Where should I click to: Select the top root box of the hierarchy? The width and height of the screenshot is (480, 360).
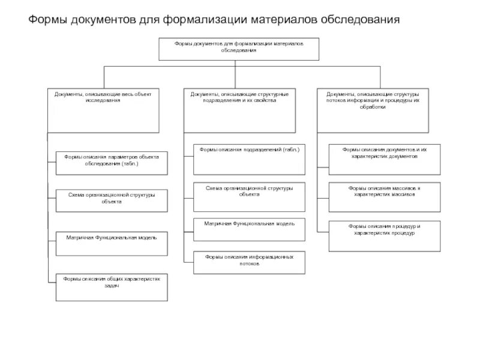(239, 49)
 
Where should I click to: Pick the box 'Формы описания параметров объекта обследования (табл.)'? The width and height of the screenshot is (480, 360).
(111, 163)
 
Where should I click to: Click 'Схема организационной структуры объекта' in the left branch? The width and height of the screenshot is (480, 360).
(111, 200)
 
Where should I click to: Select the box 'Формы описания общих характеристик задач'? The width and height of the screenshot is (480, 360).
(111, 287)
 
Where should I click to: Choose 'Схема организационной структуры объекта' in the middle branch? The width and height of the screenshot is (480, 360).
(249, 196)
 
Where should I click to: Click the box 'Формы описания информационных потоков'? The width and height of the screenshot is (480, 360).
(249, 262)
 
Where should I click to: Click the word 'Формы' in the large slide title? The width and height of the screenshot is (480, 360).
(49, 20)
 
